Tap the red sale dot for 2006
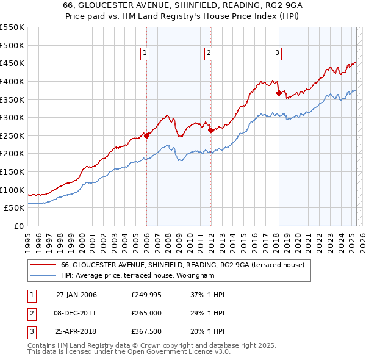tap(146, 135)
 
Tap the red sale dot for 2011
tap(210, 130)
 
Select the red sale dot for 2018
tap(279, 93)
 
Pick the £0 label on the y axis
tap(20, 226)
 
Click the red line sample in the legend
tap(43, 264)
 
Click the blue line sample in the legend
tap(43, 276)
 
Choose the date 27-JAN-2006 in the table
tap(76, 295)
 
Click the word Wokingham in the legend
tap(193, 276)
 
